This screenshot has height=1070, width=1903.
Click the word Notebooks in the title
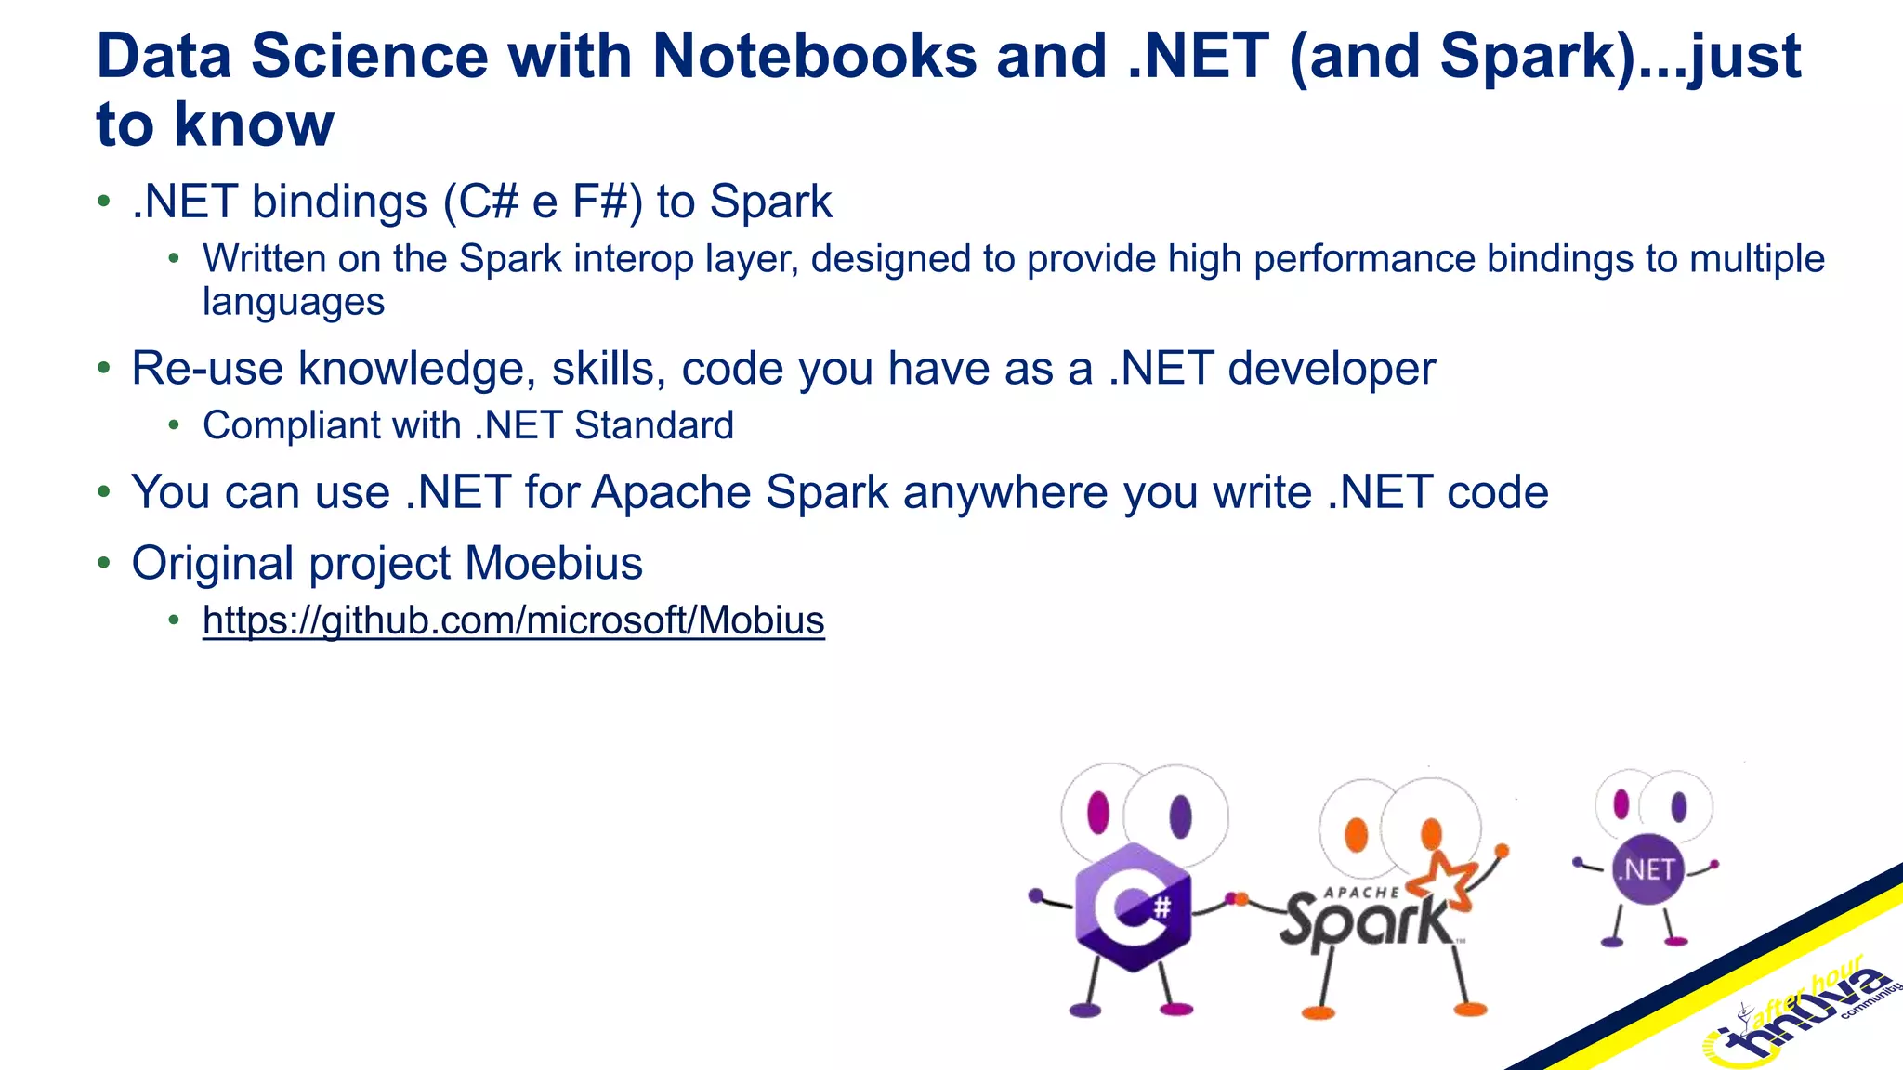814,58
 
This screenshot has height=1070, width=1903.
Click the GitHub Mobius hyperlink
513,620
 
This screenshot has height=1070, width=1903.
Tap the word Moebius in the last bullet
554,563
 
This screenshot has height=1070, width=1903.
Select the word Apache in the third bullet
673,492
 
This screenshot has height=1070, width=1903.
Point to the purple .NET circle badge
1647,870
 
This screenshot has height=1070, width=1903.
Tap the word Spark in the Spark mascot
1366,922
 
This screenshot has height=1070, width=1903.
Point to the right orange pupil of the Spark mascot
1431,833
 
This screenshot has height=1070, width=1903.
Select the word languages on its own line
294,303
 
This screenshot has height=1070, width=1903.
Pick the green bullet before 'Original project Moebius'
104,563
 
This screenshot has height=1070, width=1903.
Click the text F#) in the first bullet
607,202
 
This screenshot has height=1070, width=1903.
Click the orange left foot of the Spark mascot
1318,1012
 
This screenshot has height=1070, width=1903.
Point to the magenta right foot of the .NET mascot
1675,942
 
